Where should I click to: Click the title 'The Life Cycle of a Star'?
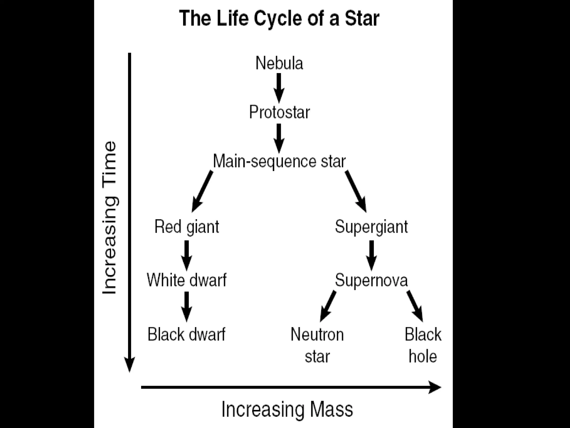(279, 18)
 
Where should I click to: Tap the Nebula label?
(279, 63)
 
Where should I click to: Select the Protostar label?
(279, 112)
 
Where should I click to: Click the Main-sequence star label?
(279, 161)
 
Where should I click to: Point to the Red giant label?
(187, 227)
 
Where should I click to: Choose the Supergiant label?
(371, 227)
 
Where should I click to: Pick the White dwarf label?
(187, 280)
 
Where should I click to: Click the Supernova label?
(371, 280)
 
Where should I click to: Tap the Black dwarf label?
(186, 334)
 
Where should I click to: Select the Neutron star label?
(317, 345)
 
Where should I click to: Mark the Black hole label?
(423, 345)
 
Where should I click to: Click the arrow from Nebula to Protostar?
(279, 87)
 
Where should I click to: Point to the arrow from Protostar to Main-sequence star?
(279, 138)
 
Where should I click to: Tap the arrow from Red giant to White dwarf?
(186, 255)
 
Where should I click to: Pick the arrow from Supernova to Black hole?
(415, 306)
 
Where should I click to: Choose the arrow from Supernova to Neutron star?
(328, 306)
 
